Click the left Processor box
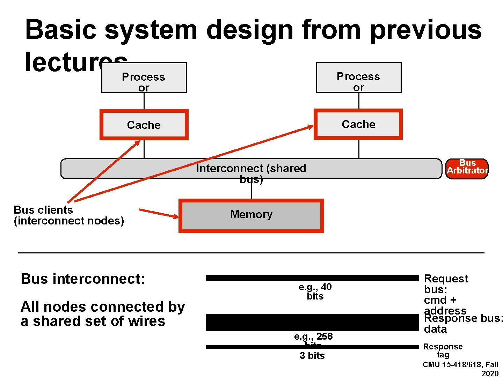click(144, 78)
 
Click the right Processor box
click(358, 77)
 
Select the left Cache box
click(144, 125)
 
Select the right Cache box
click(358, 124)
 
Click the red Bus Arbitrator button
click(467, 169)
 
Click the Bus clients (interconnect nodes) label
click(68, 215)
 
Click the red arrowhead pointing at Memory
click(174, 216)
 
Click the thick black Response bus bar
click(312, 323)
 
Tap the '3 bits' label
click(312, 355)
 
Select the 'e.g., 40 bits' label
click(315, 291)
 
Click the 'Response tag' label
click(443, 350)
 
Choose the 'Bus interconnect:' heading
click(83, 279)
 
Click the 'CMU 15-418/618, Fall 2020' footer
click(461, 369)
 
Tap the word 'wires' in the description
click(147, 321)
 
